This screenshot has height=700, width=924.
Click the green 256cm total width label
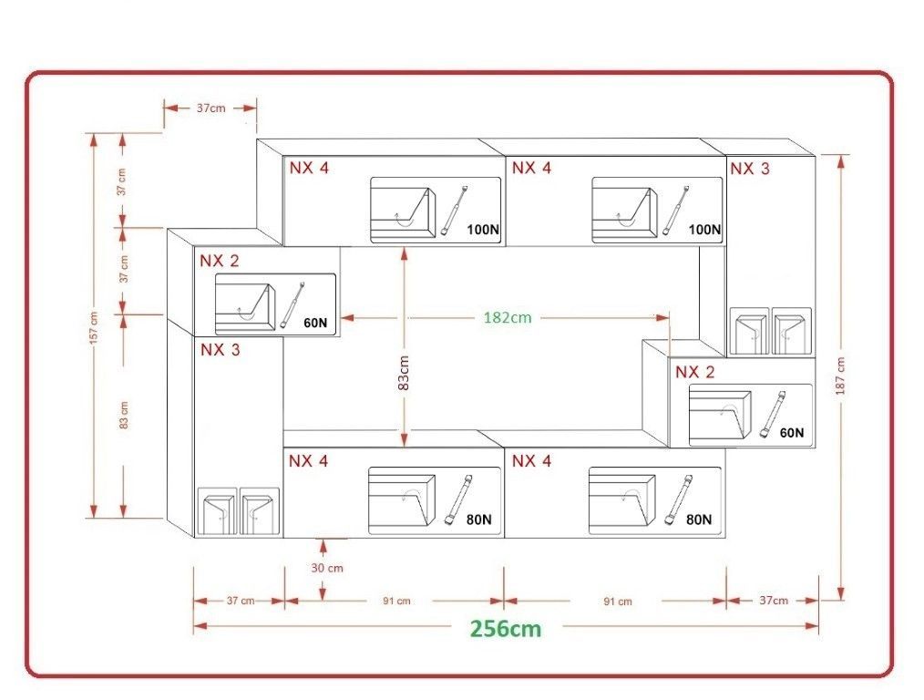coord(505,628)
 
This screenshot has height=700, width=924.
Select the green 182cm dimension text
coord(508,317)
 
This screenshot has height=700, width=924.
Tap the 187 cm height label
coord(840,376)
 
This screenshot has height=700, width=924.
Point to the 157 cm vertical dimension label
coord(94,329)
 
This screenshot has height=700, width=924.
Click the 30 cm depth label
coord(327,568)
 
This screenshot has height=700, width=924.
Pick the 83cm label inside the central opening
coord(404,373)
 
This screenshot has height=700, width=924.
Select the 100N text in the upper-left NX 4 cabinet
coord(483,230)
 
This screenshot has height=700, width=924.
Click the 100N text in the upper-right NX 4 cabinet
coord(704,229)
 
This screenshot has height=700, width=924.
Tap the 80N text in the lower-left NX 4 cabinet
coord(478,520)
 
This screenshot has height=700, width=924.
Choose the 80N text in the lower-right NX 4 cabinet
coord(699,520)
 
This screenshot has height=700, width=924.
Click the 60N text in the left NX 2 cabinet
coord(315,323)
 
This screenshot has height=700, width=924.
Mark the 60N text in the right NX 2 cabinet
coord(791,433)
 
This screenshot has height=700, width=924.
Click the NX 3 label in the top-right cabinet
coord(750,169)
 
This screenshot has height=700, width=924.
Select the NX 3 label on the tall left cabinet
coord(220,349)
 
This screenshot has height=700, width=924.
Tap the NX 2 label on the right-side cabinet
coord(694,372)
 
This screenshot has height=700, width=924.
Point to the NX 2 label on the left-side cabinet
coord(220,261)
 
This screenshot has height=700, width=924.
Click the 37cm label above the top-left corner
coord(210,108)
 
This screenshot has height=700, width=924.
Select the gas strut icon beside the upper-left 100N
coord(454,211)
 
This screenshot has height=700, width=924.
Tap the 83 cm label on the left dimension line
coord(123,415)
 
